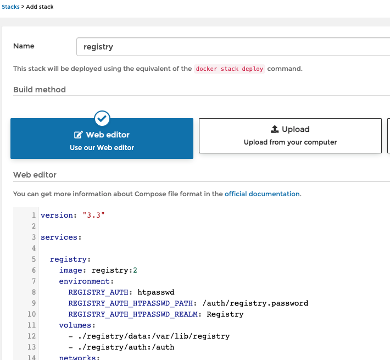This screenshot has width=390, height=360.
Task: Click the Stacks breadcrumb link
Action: [10, 7]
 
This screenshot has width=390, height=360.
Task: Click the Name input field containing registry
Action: [233, 47]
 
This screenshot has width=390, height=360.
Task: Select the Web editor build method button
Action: [102, 139]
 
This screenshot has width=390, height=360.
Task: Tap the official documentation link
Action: [262, 194]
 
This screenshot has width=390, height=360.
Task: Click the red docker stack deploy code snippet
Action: [229, 69]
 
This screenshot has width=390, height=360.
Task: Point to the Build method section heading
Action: [40, 90]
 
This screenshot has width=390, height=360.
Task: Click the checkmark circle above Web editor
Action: [102, 118]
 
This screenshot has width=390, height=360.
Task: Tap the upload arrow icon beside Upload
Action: [275, 129]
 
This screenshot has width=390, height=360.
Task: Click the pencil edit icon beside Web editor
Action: [78, 135]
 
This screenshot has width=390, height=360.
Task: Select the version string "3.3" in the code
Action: [93, 215]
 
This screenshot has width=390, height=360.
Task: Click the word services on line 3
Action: [59, 237]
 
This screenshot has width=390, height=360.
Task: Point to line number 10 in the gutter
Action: [32, 314]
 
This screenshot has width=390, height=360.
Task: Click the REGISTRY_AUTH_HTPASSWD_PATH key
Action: [131, 303]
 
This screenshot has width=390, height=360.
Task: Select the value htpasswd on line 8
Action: [156, 292]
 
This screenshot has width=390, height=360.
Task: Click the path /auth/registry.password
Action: [255, 303]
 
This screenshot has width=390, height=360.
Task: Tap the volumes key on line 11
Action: [75, 325]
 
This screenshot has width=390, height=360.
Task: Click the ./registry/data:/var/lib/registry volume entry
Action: [154, 336]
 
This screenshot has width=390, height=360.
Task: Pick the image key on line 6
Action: [71, 270]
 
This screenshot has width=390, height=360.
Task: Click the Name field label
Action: [24, 46]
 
